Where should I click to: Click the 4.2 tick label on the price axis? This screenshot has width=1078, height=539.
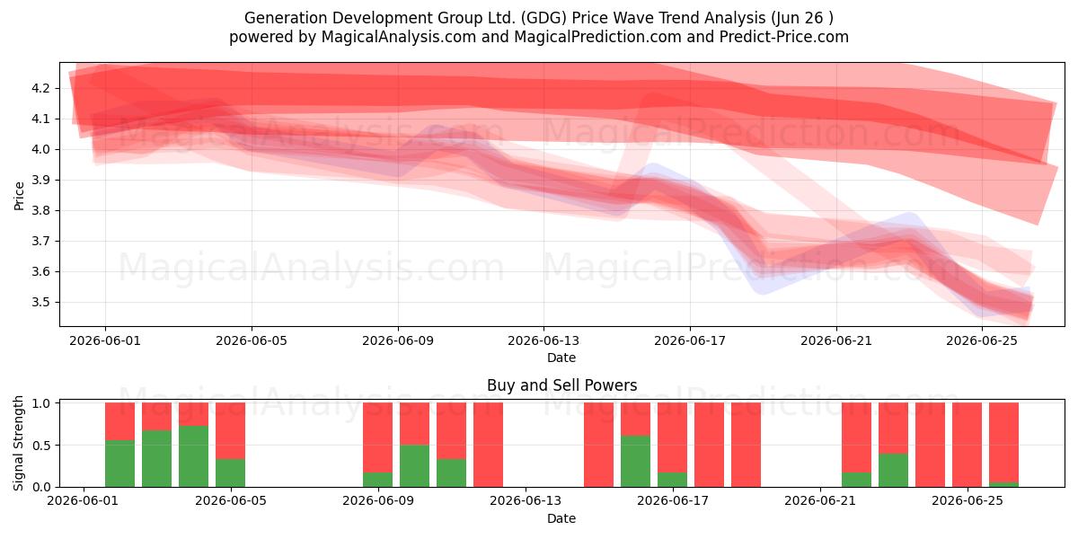point(40,88)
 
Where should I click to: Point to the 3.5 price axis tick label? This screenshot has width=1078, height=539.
point(40,302)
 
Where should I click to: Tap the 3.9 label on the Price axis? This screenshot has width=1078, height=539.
point(40,180)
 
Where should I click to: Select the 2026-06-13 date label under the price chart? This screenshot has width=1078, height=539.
point(543,340)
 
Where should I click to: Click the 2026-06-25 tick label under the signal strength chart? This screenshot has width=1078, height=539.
point(968,500)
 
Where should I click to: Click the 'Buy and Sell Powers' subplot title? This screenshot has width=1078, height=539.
point(561,385)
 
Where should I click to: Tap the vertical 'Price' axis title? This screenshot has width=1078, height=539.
point(19,196)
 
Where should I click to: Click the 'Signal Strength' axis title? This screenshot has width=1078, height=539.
point(18,443)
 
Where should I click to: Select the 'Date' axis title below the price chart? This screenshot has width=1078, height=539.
point(561,358)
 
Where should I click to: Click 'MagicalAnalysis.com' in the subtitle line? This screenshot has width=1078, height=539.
point(399,37)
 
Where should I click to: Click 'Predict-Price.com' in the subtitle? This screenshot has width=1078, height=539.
point(784,37)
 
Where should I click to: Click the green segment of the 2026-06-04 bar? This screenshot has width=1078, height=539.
point(193,456)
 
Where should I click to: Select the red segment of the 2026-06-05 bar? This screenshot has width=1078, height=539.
point(231,430)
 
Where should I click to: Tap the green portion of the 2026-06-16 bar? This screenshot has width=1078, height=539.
point(635,461)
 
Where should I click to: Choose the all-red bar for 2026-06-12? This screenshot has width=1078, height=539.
point(488,445)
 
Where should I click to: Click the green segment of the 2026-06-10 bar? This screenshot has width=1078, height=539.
point(414,465)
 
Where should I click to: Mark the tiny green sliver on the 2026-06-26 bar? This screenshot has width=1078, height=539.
point(1004,484)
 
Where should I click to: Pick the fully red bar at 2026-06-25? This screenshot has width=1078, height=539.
point(967,445)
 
